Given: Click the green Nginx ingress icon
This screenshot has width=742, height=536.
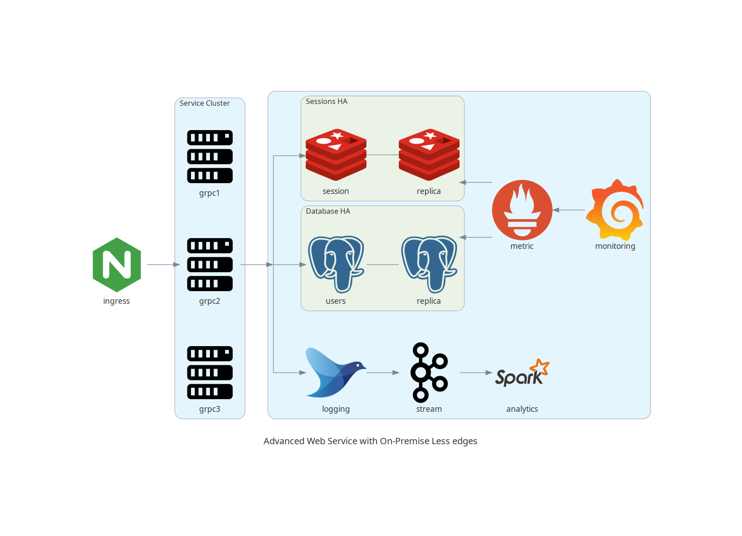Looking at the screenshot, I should click(117, 265).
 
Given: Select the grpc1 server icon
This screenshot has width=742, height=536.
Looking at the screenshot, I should click(209, 157).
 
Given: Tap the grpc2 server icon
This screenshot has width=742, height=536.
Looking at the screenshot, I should click(209, 265).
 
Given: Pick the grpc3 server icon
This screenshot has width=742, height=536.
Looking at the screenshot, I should click(209, 373).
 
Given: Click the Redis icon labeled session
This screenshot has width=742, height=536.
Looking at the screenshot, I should click(336, 155).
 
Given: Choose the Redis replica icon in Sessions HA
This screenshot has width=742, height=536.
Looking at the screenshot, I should click(429, 155).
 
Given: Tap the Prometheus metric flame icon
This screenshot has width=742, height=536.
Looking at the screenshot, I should click(522, 210).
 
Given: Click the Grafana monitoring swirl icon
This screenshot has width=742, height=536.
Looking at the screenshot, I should click(615, 210).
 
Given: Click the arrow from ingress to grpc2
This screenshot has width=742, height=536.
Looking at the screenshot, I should click(163, 265).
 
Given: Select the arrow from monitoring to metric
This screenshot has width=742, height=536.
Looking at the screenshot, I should click(569, 210).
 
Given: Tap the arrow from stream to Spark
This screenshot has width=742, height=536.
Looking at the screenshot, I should click(475, 373).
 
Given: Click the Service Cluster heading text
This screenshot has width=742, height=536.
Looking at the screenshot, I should click(205, 103).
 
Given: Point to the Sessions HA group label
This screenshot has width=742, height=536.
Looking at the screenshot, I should click(326, 101).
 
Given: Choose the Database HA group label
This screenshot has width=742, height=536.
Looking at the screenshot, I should click(328, 211).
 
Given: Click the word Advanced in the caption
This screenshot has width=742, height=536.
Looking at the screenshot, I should click(284, 441).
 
